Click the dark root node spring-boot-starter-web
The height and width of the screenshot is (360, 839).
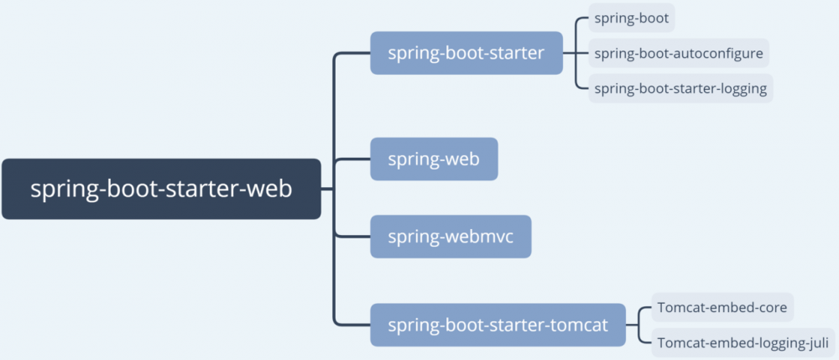point(161,189)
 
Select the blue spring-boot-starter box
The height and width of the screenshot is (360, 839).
point(466,53)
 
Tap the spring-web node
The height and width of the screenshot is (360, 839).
point(434,159)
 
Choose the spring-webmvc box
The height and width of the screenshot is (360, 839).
point(451,237)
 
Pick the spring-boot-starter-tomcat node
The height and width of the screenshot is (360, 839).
point(498,325)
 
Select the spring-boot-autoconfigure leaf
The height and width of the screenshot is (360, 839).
point(678,53)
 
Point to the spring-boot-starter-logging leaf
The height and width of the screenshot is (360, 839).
point(680,88)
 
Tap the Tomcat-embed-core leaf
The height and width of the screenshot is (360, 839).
point(722,308)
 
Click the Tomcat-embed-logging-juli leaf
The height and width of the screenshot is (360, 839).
point(743,342)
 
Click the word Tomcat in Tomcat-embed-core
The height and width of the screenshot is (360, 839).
point(680,308)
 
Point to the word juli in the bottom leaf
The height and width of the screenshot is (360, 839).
point(815,342)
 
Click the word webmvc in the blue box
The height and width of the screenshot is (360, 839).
point(474,237)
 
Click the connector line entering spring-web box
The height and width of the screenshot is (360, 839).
point(352,159)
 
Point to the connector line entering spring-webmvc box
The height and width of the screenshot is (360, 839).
point(352,237)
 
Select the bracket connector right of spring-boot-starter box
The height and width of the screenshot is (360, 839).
point(576,53)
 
